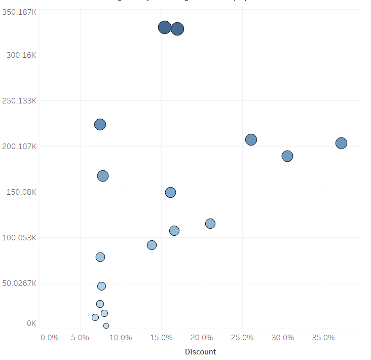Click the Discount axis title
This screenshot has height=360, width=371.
coord(200,352)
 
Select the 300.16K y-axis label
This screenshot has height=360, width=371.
coord(21,55)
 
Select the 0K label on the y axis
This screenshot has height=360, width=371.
coord(31,323)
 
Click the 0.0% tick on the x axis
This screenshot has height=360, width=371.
coord(50,338)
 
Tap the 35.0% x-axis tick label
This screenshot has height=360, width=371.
coord(323,338)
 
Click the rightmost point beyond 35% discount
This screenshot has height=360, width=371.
coord(341,143)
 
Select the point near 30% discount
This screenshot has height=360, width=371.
coord(287,156)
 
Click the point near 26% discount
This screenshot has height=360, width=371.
coord(251,139)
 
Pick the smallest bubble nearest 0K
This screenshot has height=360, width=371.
coord(106,326)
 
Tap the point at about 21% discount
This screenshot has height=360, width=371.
coord(210,224)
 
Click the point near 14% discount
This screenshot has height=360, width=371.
coord(152,245)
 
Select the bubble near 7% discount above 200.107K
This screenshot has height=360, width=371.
coord(100,124)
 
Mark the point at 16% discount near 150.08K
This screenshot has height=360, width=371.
coord(170,192)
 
